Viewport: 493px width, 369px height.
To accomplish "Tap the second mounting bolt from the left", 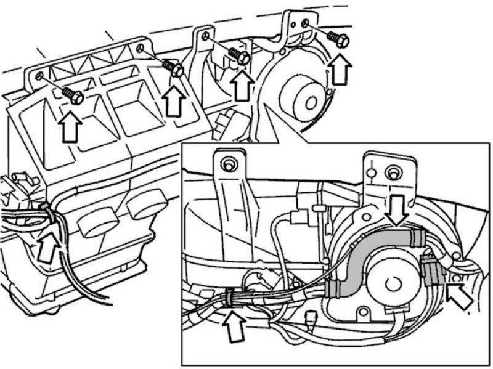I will tap(174, 68).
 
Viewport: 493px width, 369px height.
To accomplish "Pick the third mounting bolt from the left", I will tap(240, 57).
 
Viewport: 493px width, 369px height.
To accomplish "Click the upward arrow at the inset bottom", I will tap(234, 325).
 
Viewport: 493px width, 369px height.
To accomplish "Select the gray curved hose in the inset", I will tap(364, 259).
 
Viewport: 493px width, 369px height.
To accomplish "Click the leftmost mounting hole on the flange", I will tap(39, 75).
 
